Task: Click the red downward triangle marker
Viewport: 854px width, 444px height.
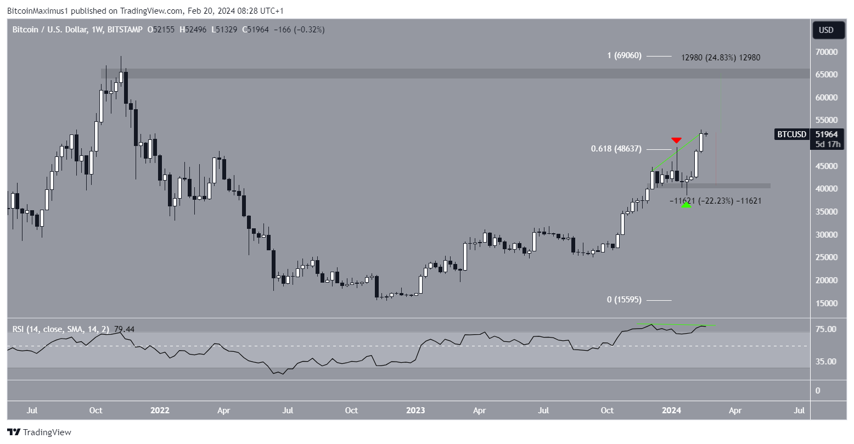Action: click(x=676, y=140)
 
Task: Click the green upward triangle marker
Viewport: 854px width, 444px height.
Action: click(x=686, y=204)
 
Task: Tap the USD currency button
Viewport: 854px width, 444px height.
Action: click(x=826, y=30)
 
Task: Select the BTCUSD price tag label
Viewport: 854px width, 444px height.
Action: click(x=791, y=134)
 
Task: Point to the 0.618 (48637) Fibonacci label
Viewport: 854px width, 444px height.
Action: click(x=616, y=149)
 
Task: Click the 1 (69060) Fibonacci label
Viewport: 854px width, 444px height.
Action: click(x=624, y=56)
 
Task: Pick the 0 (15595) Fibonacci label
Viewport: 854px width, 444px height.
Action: click(x=623, y=300)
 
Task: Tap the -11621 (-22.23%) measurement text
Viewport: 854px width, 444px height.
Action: click(x=715, y=201)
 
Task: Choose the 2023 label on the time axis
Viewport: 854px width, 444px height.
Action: click(x=415, y=411)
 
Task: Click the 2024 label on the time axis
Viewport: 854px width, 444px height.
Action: click(x=671, y=411)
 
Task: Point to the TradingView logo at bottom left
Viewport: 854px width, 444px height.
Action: click(x=39, y=432)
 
